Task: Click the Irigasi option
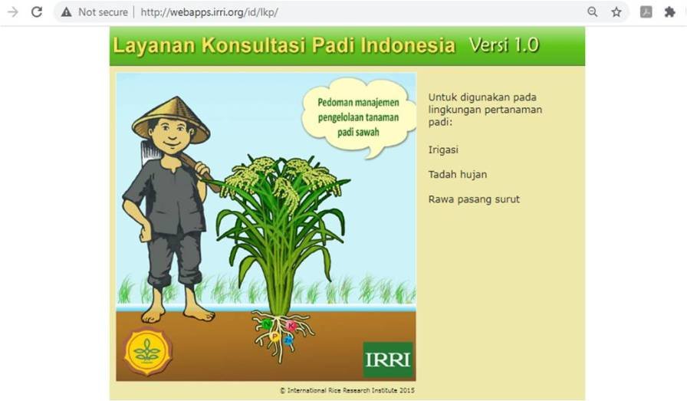tap(443, 150)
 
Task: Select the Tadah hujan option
tap(458, 174)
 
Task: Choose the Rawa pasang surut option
tap(474, 199)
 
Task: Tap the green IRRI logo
tap(388, 360)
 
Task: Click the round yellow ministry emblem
tap(147, 351)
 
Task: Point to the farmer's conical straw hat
tap(171, 119)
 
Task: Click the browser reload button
tap(37, 12)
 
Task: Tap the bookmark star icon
tap(616, 12)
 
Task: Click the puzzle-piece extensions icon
tap(669, 12)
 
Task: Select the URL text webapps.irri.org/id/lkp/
tap(209, 12)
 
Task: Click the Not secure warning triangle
tap(66, 12)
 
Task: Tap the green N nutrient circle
tap(266, 324)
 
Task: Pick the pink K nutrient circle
tap(291, 326)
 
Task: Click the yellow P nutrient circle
tap(274, 336)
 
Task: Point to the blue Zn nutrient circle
tap(288, 340)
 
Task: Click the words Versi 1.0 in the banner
tap(504, 44)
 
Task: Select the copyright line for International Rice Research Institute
tap(347, 390)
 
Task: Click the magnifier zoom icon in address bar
tap(593, 12)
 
